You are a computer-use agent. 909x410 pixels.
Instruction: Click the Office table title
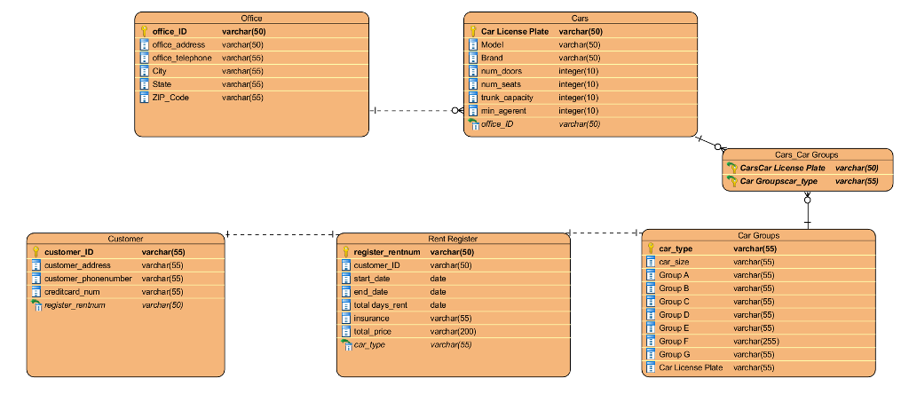pos(251,18)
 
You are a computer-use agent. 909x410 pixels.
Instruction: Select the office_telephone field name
pos(181,58)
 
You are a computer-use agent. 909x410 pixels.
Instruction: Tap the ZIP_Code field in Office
pos(170,98)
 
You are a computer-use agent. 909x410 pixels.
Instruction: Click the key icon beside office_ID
pos(145,31)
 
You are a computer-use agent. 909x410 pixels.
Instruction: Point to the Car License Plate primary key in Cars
pos(514,31)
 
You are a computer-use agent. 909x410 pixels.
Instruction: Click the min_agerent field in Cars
pos(503,111)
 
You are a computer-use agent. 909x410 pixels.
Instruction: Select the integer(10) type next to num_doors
pos(578,71)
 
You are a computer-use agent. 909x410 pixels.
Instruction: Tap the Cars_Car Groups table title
pos(806,154)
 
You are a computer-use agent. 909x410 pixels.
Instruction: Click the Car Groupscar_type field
pos(779,181)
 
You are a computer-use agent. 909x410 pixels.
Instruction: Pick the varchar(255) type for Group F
pos(756,341)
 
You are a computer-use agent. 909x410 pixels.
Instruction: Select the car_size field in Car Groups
pos(675,262)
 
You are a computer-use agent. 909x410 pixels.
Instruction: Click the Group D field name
pos(674,314)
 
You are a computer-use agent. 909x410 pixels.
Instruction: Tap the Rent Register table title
pos(453,239)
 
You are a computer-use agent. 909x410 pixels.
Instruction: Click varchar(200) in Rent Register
pos(453,331)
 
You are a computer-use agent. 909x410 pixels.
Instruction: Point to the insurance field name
pos(371,318)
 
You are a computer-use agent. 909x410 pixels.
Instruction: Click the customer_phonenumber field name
pos(88,278)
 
